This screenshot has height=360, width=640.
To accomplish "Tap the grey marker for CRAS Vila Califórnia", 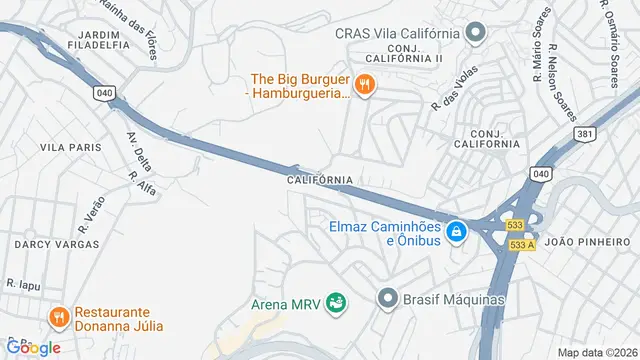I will pyautogui.click(x=476, y=33).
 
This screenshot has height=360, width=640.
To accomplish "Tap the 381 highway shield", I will pyautogui.click(x=587, y=133).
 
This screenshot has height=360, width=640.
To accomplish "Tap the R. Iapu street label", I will pyautogui.click(x=22, y=284).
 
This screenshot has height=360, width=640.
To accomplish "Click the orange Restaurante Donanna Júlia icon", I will pyautogui.click(x=59, y=318).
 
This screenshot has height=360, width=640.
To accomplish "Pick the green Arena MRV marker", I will pyautogui.click(x=337, y=302).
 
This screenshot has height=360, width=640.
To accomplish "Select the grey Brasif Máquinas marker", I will pyautogui.click(x=387, y=298).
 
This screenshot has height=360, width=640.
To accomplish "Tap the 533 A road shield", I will pyautogui.click(x=522, y=245).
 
